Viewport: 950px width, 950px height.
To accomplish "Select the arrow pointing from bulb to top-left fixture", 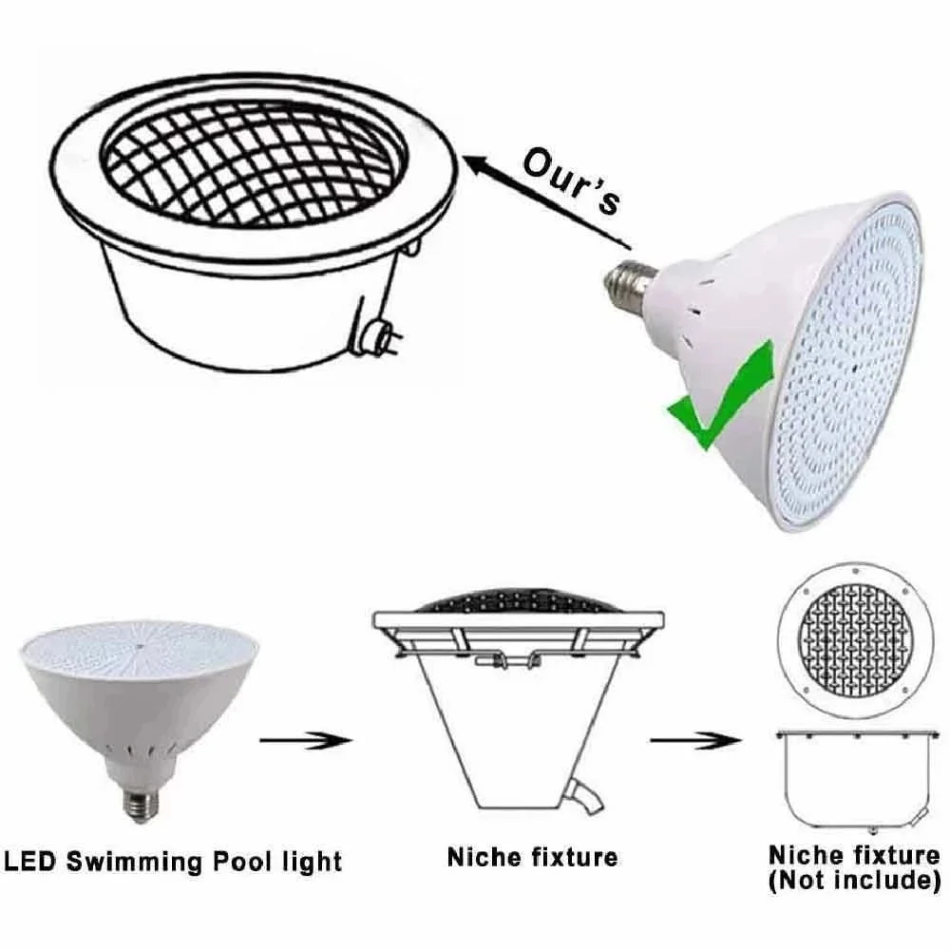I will (541, 195).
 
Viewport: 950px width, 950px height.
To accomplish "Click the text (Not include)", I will (854, 880).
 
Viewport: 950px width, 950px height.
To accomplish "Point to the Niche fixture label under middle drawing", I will (532, 857).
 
